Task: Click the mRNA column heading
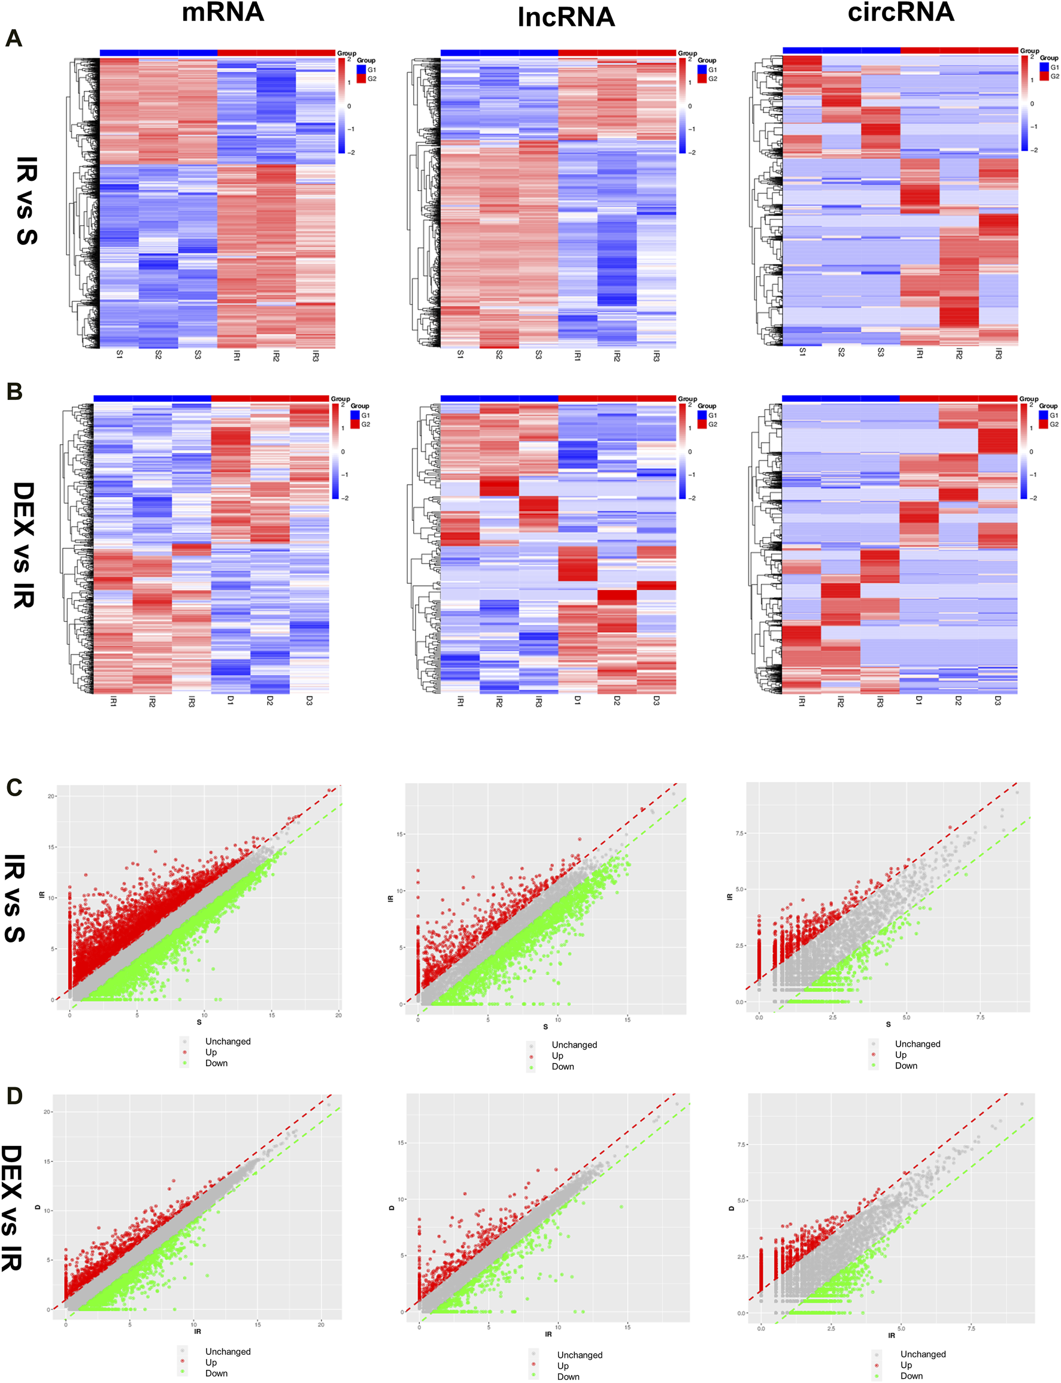(222, 13)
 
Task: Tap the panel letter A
(14, 39)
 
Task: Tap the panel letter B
(14, 392)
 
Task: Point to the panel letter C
(14, 787)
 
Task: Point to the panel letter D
(14, 1096)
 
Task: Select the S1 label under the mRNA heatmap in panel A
(119, 355)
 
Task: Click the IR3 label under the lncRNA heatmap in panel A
(656, 357)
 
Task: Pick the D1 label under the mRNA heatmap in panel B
(231, 700)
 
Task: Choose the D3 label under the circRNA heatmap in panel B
(998, 700)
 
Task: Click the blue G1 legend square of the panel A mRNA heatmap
(361, 69)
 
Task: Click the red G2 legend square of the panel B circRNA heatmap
(1043, 424)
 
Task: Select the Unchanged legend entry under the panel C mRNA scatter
(228, 1041)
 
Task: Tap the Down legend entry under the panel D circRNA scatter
(911, 1375)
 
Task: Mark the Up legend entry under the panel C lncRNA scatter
(557, 1056)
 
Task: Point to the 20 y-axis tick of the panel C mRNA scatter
(51, 796)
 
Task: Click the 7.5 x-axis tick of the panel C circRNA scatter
(980, 1017)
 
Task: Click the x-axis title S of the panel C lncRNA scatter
(545, 1026)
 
